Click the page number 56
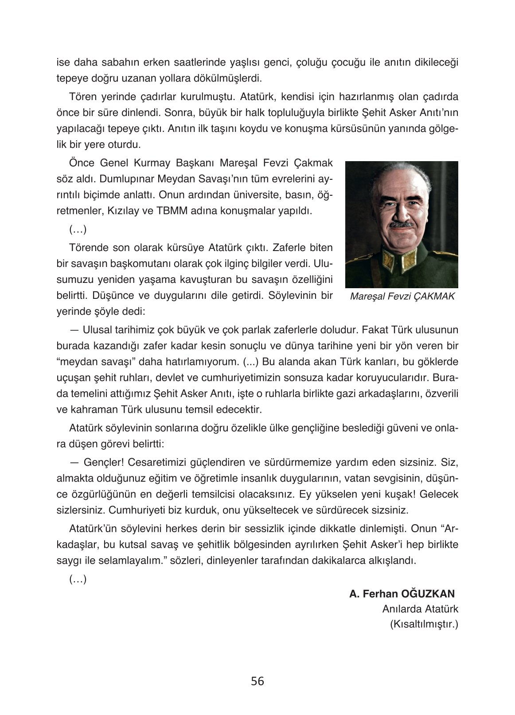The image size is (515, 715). point(257,681)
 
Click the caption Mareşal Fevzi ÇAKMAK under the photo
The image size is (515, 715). point(402,297)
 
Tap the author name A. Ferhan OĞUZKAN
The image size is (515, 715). point(402,594)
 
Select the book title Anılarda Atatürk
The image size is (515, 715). point(420,609)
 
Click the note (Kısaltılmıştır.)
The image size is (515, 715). point(424,625)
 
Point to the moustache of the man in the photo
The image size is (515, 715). point(401,225)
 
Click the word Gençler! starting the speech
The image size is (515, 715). point(103,462)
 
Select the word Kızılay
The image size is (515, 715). point(123,211)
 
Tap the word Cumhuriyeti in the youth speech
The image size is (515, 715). point(139,510)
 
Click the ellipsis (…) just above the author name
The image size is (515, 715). point(78,579)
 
